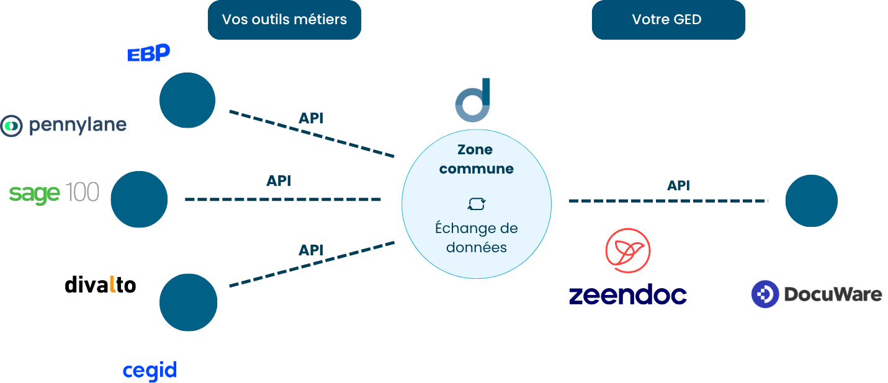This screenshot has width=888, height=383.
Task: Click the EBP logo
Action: pyautogui.click(x=149, y=53)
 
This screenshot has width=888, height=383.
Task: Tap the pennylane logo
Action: pyautogui.click(x=63, y=126)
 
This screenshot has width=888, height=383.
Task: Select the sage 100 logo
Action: pyautogui.click(x=54, y=193)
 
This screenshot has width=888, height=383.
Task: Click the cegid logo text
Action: pyautogui.click(x=150, y=371)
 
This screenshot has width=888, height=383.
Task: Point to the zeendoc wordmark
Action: pyautogui.click(x=627, y=295)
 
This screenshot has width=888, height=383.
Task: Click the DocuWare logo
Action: pyautogui.click(x=816, y=294)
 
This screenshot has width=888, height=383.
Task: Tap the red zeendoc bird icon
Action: pyautogui.click(x=628, y=250)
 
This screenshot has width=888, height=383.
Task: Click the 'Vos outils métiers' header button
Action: pyautogui.click(x=284, y=20)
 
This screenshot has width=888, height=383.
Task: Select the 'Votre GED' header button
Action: pyautogui.click(x=668, y=20)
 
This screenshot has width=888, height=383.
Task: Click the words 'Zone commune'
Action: pyautogui.click(x=477, y=159)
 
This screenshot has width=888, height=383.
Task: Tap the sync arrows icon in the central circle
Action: pyautogui.click(x=477, y=205)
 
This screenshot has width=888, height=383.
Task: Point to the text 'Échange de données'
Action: pyautogui.click(x=477, y=237)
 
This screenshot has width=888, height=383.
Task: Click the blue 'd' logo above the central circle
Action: pyautogui.click(x=473, y=100)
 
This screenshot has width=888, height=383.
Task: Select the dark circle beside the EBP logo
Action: pyautogui.click(x=187, y=100)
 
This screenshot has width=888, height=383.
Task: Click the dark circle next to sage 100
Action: pyautogui.click(x=139, y=200)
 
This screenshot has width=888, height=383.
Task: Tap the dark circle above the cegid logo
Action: pyautogui.click(x=189, y=302)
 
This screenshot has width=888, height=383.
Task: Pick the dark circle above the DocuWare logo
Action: pyautogui.click(x=811, y=201)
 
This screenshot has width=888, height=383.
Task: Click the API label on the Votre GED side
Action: pyautogui.click(x=678, y=185)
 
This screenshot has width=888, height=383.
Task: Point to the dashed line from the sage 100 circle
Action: pyautogui.click(x=282, y=200)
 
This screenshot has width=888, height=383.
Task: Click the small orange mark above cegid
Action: pyautogui.click(x=112, y=284)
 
